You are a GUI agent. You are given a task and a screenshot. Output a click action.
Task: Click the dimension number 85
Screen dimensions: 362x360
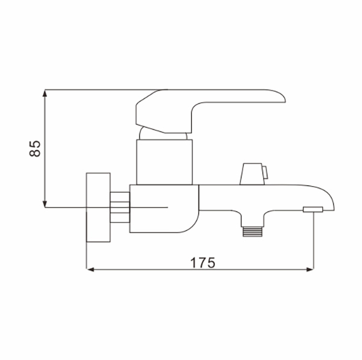pos(35,149)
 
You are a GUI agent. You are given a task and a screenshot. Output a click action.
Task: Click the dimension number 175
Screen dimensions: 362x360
pos(203,263)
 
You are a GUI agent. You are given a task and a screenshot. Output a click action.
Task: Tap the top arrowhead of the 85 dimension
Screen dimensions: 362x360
pos(45,93)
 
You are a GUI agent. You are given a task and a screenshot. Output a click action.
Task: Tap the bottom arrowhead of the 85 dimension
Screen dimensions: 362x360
pos(45,204)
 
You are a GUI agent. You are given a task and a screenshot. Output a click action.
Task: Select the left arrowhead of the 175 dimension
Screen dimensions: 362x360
pos(90,269)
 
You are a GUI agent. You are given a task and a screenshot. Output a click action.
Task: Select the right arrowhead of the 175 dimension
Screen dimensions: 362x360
pos(310,269)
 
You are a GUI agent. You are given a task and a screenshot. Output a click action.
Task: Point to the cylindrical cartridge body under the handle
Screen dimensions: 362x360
pos(164,162)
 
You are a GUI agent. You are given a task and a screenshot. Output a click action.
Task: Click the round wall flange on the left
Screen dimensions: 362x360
pos(98,207)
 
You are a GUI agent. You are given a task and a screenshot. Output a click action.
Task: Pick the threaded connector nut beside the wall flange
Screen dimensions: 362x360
pos(120,207)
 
